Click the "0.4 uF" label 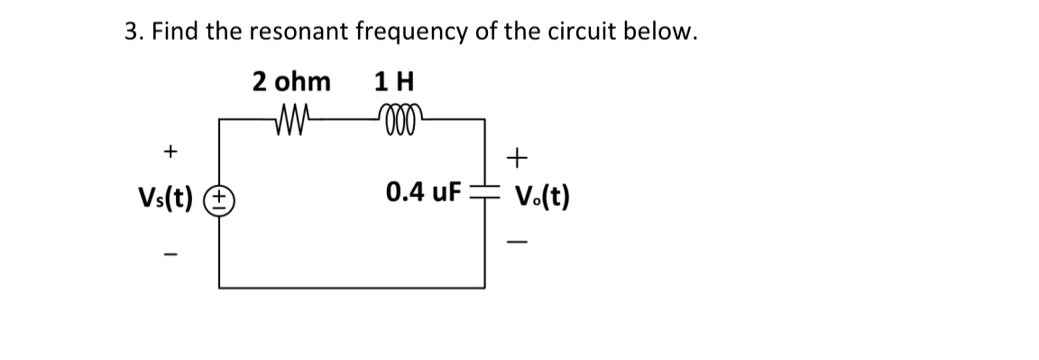(x=423, y=192)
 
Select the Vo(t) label (x=540, y=195)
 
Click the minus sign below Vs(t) (x=170, y=254)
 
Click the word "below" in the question (x=664, y=32)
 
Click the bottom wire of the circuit (x=352, y=287)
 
